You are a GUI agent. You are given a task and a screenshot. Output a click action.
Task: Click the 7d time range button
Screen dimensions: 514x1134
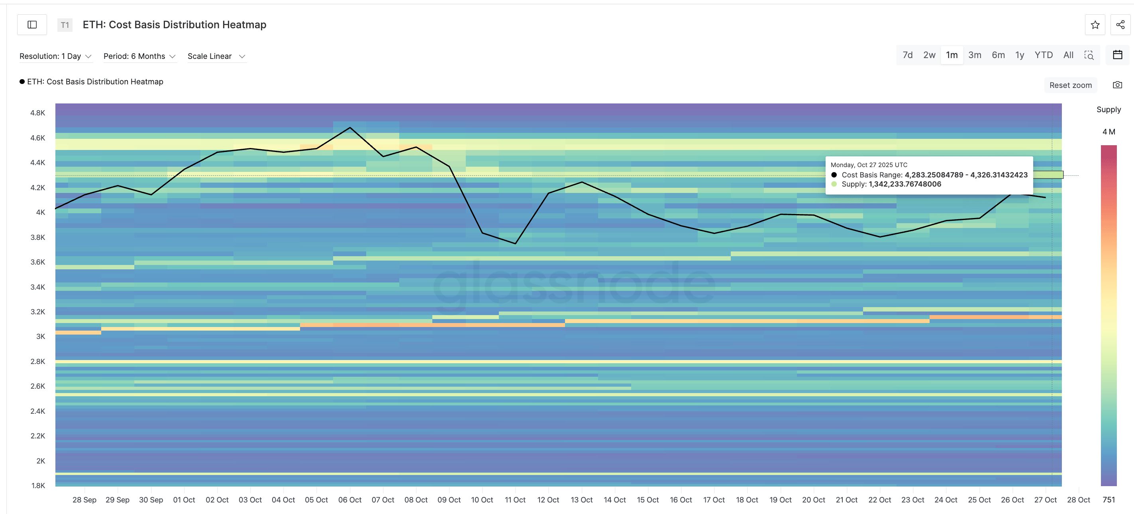click(x=907, y=55)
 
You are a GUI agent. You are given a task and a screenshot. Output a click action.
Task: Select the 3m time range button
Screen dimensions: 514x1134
click(x=975, y=55)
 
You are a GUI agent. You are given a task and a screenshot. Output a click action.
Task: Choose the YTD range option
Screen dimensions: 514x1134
click(x=1043, y=55)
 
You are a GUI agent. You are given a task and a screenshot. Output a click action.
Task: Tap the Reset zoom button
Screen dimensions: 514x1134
click(x=1070, y=85)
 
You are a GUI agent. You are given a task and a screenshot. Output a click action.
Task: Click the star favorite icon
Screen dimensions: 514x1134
click(x=1095, y=25)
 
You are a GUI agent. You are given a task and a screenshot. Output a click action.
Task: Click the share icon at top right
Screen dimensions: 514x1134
click(x=1120, y=25)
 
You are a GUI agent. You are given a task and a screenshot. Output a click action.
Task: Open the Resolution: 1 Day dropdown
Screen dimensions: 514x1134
click(x=55, y=56)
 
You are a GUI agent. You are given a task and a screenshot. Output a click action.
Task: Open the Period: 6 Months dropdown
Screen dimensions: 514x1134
click(x=139, y=56)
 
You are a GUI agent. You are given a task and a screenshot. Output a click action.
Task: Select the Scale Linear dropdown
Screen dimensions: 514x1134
click(x=216, y=56)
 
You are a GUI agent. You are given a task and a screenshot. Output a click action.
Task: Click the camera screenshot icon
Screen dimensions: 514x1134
click(x=1117, y=85)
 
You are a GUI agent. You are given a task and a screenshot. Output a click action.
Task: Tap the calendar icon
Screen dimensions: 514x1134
click(x=1117, y=55)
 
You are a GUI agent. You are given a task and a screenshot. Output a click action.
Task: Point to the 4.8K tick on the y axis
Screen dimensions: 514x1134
click(x=38, y=113)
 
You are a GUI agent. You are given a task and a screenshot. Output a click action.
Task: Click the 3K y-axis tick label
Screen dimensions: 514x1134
click(x=41, y=336)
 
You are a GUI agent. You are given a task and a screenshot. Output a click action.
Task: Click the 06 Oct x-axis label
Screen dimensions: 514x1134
click(x=349, y=500)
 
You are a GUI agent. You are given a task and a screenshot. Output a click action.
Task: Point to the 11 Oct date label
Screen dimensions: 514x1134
click(x=515, y=500)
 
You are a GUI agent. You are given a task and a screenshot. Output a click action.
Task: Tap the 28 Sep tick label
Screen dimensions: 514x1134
click(x=84, y=500)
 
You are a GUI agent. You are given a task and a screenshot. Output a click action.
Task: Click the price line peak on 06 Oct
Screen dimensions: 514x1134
click(x=350, y=128)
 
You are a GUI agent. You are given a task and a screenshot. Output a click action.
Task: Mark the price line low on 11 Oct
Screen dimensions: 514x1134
click(x=516, y=243)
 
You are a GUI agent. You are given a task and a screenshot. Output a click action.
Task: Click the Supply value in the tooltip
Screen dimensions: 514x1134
click(x=904, y=184)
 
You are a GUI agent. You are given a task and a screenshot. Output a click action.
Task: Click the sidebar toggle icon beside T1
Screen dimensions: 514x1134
click(x=32, y=25)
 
